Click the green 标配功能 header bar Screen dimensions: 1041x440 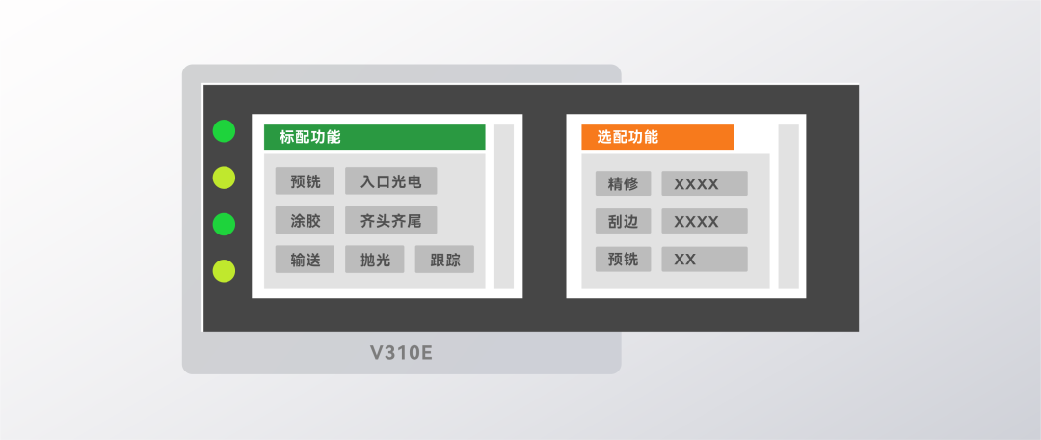pos(374,137)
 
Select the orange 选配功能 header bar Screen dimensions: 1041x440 pos(657,137)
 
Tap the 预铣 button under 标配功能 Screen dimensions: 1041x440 pos(305,181)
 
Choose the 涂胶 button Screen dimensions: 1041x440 pos(305,220)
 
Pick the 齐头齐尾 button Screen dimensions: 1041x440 pos(391,220)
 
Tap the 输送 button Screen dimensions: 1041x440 pos(305,260)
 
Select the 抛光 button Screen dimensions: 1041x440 pos(375,260)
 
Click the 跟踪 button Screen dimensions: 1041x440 pos(444,260)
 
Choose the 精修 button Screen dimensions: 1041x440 pos(623,183)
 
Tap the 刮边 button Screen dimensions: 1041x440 pos(623,221)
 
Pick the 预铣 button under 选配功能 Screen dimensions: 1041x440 pos(623,260)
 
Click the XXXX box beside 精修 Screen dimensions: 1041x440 pos(704,183)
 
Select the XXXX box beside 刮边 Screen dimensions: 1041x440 pos(704,221)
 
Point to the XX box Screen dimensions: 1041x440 pos(704,260)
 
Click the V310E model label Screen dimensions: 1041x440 pos(401,352)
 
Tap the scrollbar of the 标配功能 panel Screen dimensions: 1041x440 pos(503,206)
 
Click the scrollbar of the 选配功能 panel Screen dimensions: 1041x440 pos(788,206)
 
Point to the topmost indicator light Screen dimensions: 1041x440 pos(224,130)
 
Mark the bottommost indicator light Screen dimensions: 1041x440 pos(224,271)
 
